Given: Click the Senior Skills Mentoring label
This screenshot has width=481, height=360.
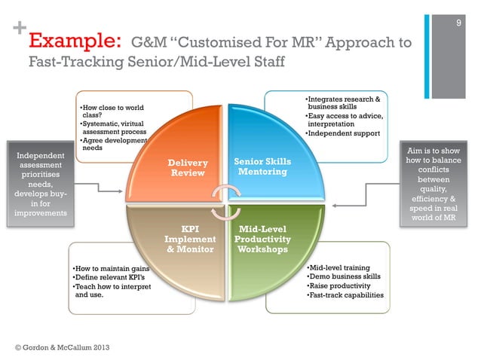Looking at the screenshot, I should [x=262, y=166].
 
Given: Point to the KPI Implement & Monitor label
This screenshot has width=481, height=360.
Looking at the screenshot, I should [x=190, y=239].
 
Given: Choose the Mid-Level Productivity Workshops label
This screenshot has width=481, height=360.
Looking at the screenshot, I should [x=259, y=239].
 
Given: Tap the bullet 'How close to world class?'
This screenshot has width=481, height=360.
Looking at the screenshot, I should [x=112, y=112].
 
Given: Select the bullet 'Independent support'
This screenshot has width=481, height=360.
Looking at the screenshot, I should [x=342, y=134].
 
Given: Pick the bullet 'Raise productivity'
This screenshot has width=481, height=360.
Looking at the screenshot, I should [x=339, y=286].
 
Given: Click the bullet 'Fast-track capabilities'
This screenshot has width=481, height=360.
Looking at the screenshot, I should [x=345, y=295].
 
